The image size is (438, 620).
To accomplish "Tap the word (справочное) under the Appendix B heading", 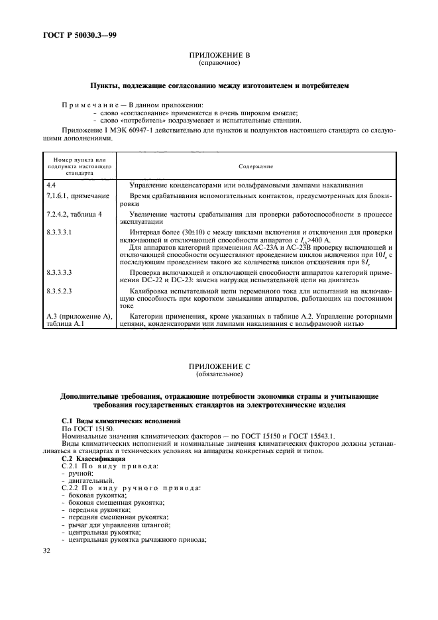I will [219, 64].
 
